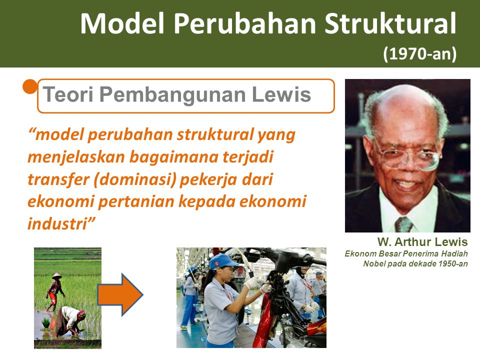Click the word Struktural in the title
tap(390, 23)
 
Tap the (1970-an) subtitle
tap(419, 53)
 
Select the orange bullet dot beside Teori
tap(30, 86)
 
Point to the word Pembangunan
tap(172, 95)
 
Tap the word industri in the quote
tap(61, 223)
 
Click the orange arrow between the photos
tap(120, 294)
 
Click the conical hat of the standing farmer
tap(57, 275)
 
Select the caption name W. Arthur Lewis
tap(422, 242)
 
